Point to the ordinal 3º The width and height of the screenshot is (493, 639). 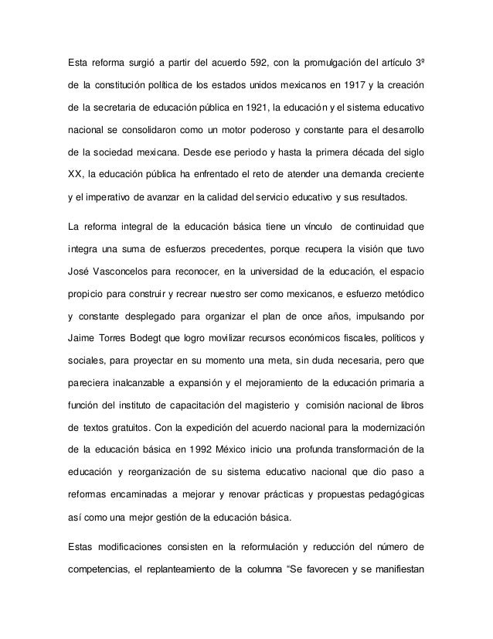(418, 62)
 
